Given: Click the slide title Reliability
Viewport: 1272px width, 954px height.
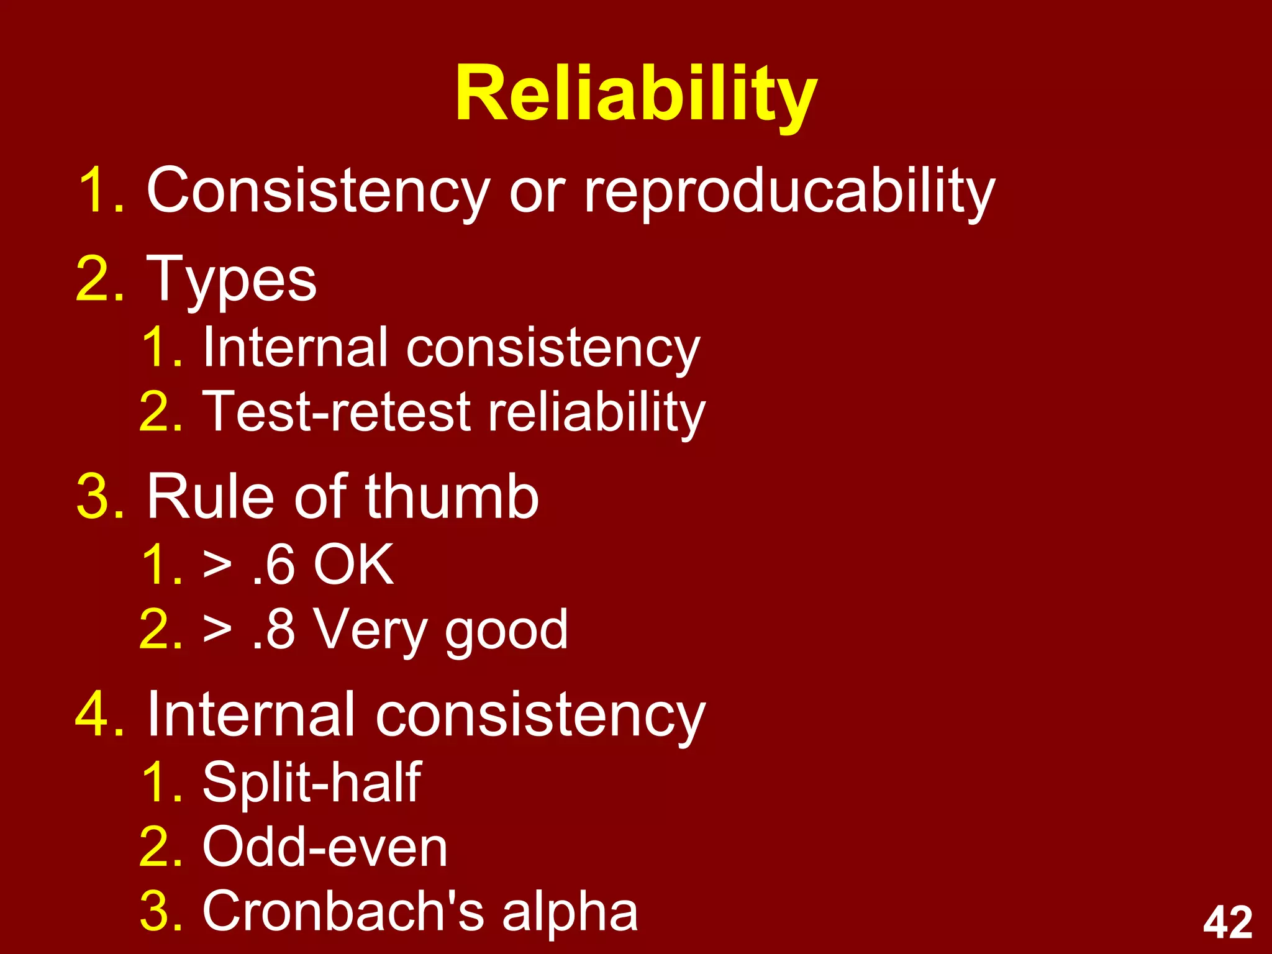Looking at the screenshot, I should (x=636, y=94).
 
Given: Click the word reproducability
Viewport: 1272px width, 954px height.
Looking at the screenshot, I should (x=790, y=191).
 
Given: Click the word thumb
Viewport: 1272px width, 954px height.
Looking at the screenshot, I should (x=452, y=497).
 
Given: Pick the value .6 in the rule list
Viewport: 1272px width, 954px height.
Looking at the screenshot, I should (x=274, y=565).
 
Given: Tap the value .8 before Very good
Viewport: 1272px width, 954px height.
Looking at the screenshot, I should (x=274, y=629).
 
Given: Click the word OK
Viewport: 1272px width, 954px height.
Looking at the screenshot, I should (x=353, y=565).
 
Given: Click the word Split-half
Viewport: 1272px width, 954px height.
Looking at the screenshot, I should (x=312, y=782).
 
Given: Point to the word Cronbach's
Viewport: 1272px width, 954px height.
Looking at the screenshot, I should (x=343, y=911).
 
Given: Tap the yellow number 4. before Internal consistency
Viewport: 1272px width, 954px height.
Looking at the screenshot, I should (x=99, y=715).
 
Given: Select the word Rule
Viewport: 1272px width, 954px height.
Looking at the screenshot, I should (x=210, y=497).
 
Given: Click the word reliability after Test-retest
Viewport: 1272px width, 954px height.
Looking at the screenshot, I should (x=596, y=412).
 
